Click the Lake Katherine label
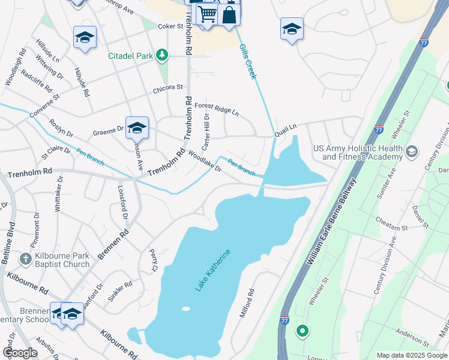click(x=212, y=270)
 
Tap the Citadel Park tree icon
click(x=161, y=56)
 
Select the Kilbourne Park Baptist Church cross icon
click(x=25, y=260)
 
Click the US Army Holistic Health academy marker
click(x=412, y=151)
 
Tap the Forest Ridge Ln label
click(x=217, y=109)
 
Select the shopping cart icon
click(x=206, y=13)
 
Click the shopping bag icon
click(x=229, y=14)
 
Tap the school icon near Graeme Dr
click(x=137, y=127)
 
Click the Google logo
click(x=20, y=353)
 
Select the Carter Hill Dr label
click(x=205, y=134)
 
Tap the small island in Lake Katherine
click(x=185, y=310)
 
